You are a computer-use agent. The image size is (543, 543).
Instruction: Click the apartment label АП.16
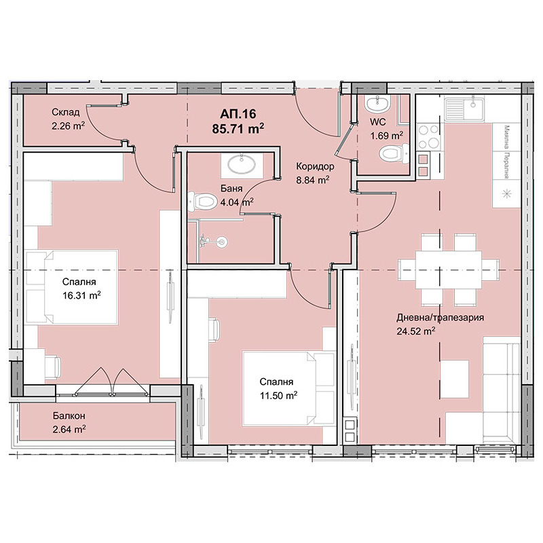[238, 114]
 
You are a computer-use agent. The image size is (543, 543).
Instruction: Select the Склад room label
[67, 112]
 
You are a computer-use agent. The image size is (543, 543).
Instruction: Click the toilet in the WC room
[390, 153]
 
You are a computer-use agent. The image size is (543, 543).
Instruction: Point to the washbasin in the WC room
[376, 104]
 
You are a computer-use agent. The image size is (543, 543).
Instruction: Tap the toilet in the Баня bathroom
[204, 202]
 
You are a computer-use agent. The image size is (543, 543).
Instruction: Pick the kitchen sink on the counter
[464, 107]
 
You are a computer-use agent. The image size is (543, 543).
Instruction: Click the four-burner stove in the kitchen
[429, 135]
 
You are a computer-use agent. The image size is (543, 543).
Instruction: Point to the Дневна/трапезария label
[441, 318]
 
